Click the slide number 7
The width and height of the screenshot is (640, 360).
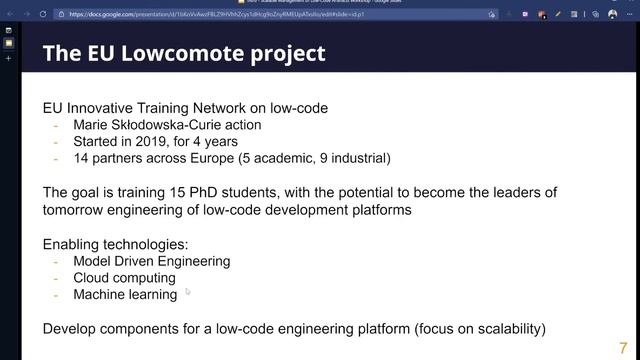pos(624,335)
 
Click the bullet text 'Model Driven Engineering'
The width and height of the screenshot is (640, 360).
pos(151,261)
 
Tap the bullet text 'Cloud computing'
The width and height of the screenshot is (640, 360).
pos(124,278)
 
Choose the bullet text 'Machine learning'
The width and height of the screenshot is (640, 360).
pos(125,294)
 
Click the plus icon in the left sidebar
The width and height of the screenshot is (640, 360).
pos(9,59)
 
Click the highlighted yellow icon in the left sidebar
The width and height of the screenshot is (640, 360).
pos(9,44)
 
